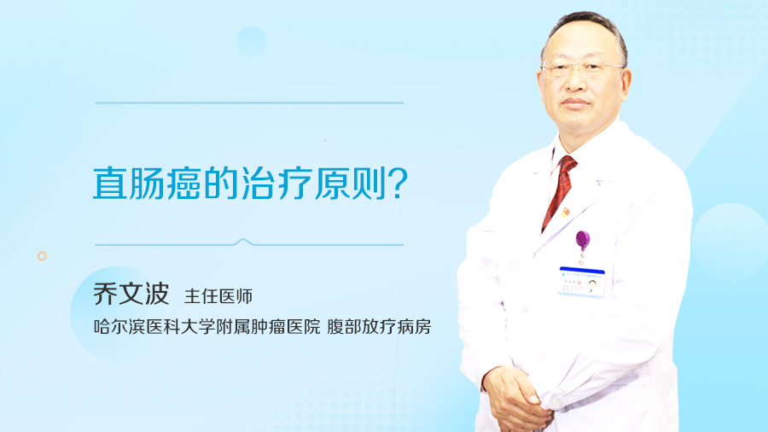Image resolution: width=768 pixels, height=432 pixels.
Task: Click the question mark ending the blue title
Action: [399, 184]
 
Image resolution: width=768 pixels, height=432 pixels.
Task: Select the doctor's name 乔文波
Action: [131, 294]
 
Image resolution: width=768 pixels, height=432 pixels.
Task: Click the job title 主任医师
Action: [218, 296]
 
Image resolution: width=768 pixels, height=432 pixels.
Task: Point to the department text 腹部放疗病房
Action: [379, 327]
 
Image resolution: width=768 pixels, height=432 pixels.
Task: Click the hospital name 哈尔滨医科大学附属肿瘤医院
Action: [207, 327]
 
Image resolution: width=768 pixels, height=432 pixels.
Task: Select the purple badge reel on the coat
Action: [582, 241]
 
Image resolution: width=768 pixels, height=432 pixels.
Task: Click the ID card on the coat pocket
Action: [582, 282]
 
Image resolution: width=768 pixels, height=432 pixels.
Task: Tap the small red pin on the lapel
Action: [565, 213]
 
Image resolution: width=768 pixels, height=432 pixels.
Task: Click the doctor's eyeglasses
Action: [582, 69]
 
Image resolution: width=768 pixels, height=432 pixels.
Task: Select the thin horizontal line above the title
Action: [249, 102]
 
